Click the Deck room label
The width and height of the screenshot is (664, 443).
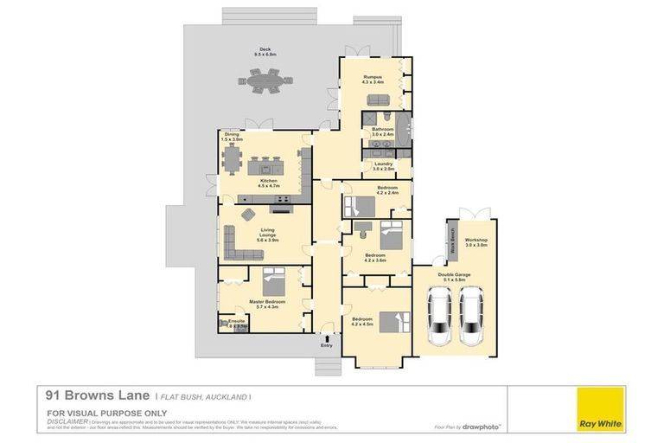(264, 52)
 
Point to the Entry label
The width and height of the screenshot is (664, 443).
(326, 346)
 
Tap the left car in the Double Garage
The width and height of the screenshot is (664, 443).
(439, 316)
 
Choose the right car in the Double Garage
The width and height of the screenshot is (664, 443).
(472, 316)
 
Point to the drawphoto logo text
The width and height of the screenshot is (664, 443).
(483, 427)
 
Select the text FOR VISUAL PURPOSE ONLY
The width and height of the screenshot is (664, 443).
(93, 413)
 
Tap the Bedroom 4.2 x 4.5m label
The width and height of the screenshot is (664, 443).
(361, 322)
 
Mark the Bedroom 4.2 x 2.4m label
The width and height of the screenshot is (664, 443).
(386, 190)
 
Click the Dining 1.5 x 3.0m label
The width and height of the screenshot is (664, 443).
(233, 137)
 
